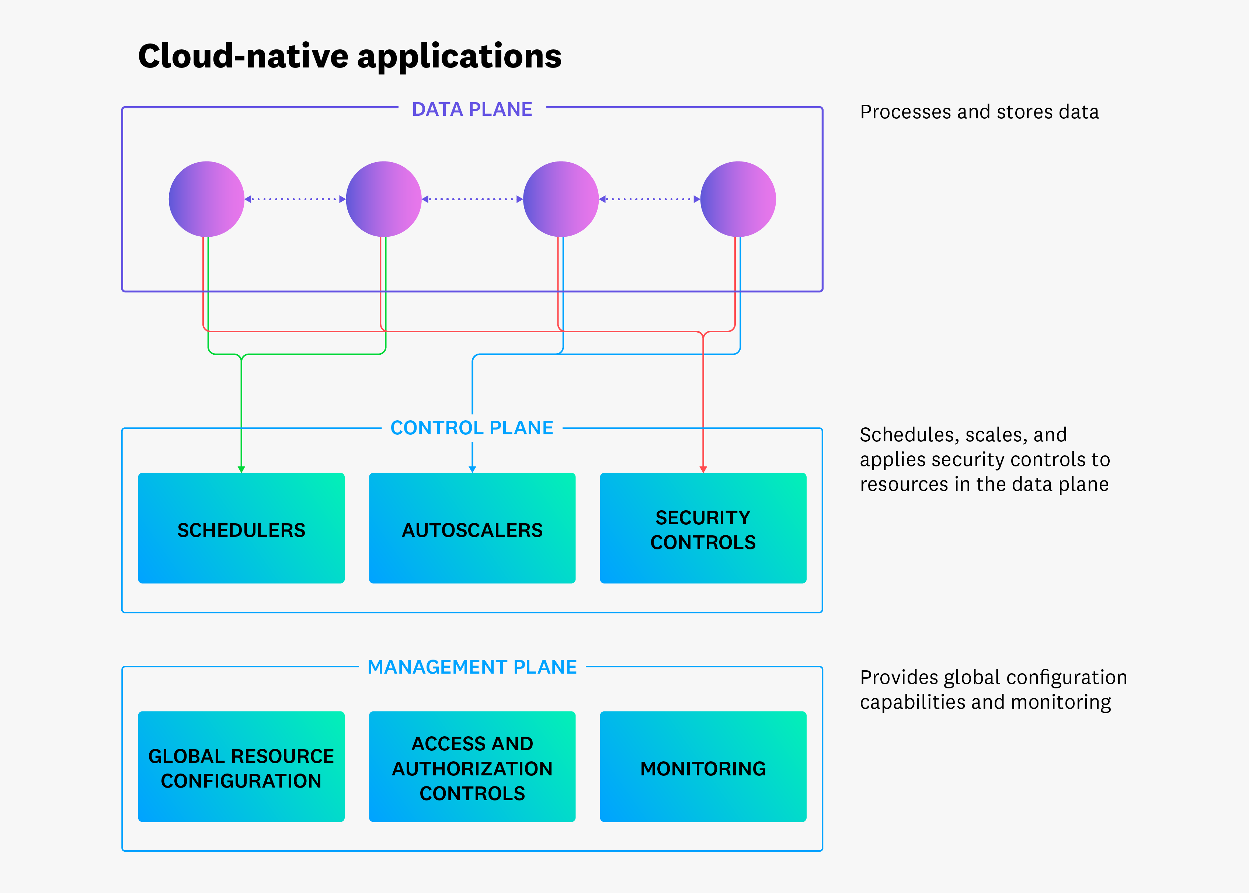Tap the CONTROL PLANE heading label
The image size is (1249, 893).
[472, 428]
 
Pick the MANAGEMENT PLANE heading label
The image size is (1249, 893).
[472, 667]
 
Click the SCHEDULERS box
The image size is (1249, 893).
[241, 528]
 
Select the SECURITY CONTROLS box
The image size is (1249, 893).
[703, 528]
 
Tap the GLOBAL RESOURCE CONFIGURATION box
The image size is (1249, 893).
[241, 767]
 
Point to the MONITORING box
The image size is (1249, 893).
[703, 767]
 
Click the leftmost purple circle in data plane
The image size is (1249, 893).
[207, 199]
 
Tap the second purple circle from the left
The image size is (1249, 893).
[384, 199]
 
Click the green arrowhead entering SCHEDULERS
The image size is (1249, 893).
[241, 469]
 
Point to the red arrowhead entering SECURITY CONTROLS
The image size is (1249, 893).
[703, 469]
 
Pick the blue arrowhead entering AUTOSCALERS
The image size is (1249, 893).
[472, 469]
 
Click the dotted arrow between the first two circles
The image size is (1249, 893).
[295, 199]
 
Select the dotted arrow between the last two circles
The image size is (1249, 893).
[649, 199]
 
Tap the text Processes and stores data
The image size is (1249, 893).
[979, 112]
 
